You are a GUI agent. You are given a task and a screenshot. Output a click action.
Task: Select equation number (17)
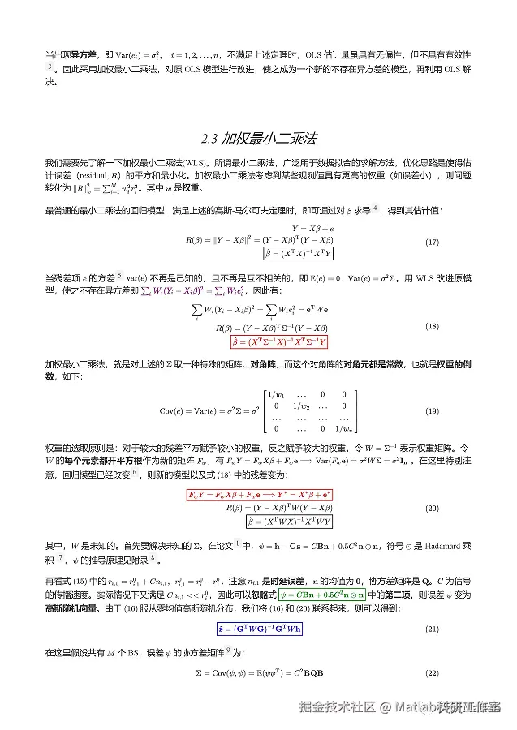433,243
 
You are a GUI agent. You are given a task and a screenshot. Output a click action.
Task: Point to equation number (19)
433,411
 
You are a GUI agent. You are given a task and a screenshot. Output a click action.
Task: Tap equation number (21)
433,629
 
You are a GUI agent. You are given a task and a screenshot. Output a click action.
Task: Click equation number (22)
433,673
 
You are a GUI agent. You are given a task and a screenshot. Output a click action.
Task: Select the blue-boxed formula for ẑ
259,629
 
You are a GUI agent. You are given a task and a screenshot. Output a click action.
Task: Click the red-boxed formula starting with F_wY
260,494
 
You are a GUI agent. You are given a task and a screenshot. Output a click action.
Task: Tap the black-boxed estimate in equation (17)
274,255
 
